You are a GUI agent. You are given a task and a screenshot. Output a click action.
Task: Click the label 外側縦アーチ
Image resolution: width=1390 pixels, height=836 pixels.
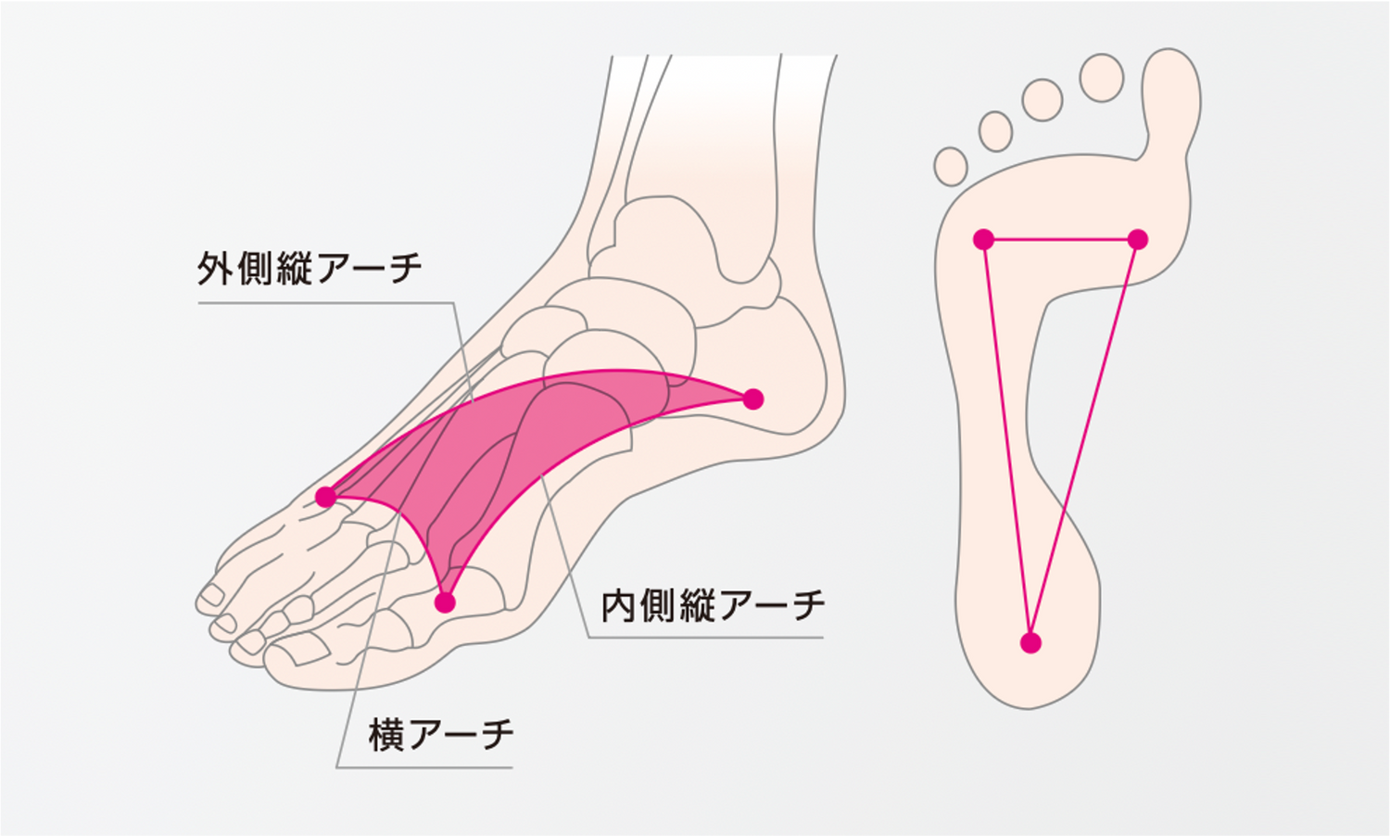click(310, 268)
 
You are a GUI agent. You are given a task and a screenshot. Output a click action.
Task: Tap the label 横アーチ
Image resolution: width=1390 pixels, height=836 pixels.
click(441, 735)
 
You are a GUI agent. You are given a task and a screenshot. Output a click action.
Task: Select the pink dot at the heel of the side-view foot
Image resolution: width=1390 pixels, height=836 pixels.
click(752, 399)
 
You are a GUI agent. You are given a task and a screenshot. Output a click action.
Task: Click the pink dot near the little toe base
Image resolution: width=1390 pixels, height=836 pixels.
click(326, 497)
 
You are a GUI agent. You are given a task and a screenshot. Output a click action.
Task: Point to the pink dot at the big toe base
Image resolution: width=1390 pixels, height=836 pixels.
click(445, 602)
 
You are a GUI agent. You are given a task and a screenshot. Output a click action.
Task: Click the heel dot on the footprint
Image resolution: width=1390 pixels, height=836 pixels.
click(1030, 643)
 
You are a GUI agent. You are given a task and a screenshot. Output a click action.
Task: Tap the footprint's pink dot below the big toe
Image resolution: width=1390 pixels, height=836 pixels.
click(1137, 239)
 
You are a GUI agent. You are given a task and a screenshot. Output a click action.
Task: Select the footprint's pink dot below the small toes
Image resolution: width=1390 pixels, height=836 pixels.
click(983, 239)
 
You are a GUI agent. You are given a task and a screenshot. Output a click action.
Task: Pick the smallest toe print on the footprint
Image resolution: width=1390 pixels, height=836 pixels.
click(951, 166)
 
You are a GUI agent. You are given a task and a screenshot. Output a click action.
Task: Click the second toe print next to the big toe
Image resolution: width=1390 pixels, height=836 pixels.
click(1102, 78)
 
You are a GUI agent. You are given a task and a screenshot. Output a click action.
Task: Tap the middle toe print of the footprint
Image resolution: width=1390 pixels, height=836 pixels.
click(1042, 99)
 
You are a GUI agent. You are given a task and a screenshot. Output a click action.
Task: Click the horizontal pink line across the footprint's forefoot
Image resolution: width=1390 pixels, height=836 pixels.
click(1060, 239)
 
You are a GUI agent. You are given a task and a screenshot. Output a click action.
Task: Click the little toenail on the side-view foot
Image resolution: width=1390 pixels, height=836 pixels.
click(212, 595)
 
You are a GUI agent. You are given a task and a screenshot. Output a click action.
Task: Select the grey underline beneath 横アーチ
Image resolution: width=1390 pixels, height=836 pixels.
click(424, 767)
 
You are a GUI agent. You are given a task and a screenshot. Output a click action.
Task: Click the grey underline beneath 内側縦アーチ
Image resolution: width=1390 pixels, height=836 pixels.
click(705, 638)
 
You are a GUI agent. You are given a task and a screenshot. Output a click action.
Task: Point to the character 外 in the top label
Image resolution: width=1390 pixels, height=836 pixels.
click(215, 268)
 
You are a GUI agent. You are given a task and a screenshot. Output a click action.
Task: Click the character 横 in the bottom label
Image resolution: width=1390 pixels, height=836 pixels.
click(386, 735)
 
